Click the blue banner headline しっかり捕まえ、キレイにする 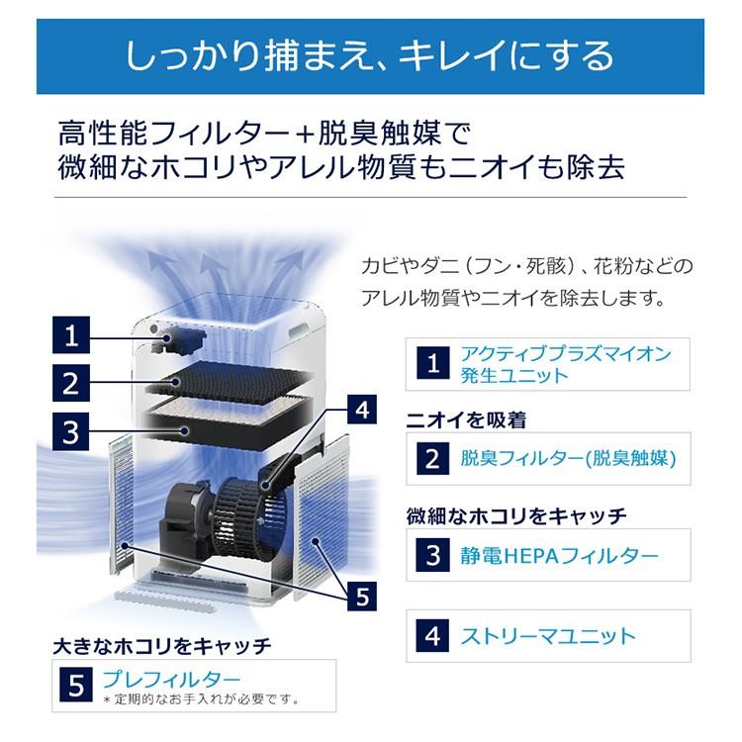point(370,56)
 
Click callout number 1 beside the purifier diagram point(71,335)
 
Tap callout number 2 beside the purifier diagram point(71,383)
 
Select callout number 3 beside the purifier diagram point(71,431)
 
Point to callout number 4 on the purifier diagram point(362,410)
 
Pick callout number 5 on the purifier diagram point(362,597)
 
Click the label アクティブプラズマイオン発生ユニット point(566,364)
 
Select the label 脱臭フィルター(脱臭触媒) point(568,458)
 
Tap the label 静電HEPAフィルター point(559,555)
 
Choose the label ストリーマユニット point(547,636)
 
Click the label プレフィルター point(172,679)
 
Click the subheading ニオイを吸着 point(466,419)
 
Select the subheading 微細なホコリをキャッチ point(516,515)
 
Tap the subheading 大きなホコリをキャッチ point(162,646)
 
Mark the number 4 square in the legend point(433,635)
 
